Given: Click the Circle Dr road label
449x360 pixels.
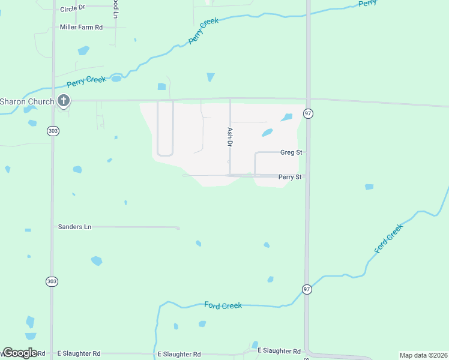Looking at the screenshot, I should tap(74, 9).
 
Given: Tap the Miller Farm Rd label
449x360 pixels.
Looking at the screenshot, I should tap(81, 27).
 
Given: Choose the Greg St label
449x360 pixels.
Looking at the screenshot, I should tap(291, 152).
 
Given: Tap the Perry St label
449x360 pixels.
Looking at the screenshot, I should tap(289, 177).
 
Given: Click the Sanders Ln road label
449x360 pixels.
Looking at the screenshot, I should tap(74, 227).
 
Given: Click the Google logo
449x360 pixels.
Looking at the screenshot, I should tap(20, 353).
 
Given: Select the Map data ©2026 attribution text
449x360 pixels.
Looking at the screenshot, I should tap(423, 355).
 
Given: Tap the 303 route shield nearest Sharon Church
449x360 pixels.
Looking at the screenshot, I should tap(52, 130).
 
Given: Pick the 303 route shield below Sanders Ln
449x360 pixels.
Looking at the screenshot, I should tap(52, 281).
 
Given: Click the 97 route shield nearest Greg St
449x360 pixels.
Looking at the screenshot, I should tap(308, 113).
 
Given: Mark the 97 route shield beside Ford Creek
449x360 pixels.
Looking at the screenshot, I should tap(307, 289).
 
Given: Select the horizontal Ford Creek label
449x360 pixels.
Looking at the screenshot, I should tap(223, 305).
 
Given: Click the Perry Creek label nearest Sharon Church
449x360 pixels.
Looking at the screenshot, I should tap(86, 80).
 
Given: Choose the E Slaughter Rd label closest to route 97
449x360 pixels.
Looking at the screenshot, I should tap(279, 351).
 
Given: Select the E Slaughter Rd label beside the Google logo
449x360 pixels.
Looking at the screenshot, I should tap(79, 354).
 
